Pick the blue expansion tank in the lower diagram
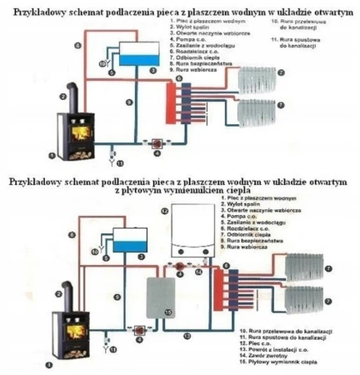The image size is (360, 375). [132, 244]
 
